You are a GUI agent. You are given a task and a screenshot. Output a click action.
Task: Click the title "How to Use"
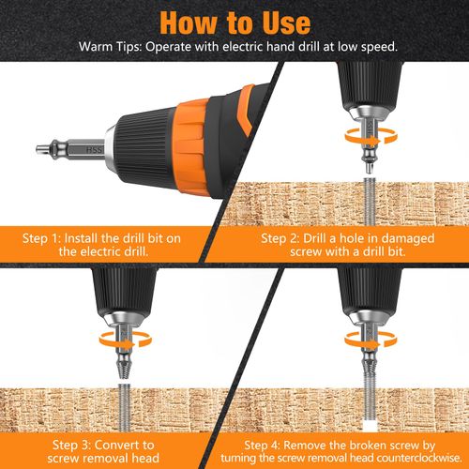(234, 20)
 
